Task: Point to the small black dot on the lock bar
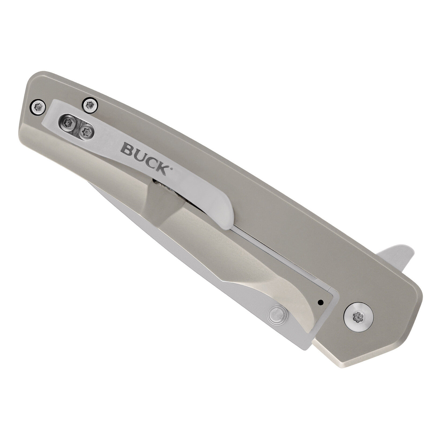click(320, 302)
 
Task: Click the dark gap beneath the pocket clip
click(164, 188)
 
